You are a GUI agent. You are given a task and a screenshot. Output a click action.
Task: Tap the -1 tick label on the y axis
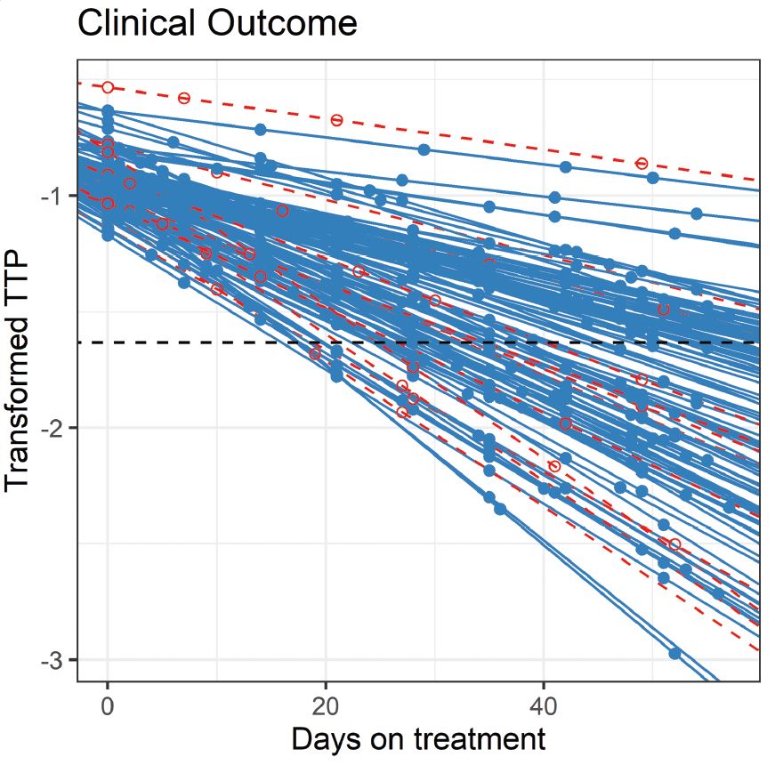coord(52,196)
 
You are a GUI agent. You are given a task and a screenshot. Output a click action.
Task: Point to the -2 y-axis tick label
coord(52,428)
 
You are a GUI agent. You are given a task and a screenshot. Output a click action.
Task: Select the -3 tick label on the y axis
coord(52,660)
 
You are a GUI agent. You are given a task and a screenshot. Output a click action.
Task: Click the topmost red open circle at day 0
coord(108,87)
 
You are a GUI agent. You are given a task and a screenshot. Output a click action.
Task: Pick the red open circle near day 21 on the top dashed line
coord(336,120)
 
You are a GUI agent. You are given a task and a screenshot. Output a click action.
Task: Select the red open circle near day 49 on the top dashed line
coord(642,164)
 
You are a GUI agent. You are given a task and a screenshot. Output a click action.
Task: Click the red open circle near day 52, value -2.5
coord(674,544)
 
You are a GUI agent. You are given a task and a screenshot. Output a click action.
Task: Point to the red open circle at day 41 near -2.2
coord(555,466)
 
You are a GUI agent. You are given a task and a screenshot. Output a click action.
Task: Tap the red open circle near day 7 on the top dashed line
coord(184,98)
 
